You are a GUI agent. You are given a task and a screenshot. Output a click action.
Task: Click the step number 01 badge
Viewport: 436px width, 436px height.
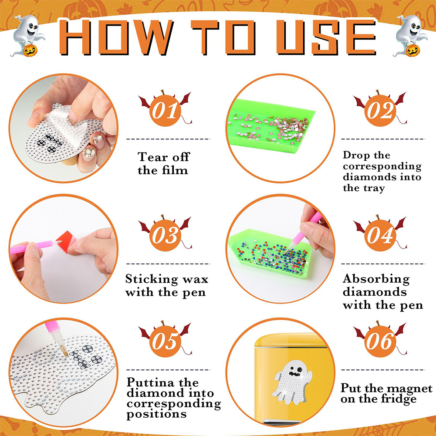[165, 110]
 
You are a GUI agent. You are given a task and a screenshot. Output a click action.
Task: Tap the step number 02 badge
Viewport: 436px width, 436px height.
[380, 110]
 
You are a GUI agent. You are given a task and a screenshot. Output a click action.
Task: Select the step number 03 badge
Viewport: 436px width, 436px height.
[165, 234]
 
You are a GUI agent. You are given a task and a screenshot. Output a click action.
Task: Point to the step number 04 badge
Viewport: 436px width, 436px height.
[380, 234]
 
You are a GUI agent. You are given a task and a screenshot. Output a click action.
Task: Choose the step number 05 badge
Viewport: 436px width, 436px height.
[165, 340]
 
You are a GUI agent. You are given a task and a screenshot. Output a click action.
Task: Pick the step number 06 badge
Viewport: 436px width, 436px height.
[380, 340]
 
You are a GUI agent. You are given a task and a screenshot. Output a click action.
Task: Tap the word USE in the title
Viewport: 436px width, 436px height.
[326, 37]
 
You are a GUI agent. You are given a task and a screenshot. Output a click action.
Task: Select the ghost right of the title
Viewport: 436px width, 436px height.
[409, 36]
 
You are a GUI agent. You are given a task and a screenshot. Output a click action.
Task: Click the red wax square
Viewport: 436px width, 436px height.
[66, 241]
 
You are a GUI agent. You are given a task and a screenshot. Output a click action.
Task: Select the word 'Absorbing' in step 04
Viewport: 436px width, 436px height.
[376, 279]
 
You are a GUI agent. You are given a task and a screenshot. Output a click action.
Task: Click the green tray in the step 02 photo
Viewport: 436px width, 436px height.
[271, 126]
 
